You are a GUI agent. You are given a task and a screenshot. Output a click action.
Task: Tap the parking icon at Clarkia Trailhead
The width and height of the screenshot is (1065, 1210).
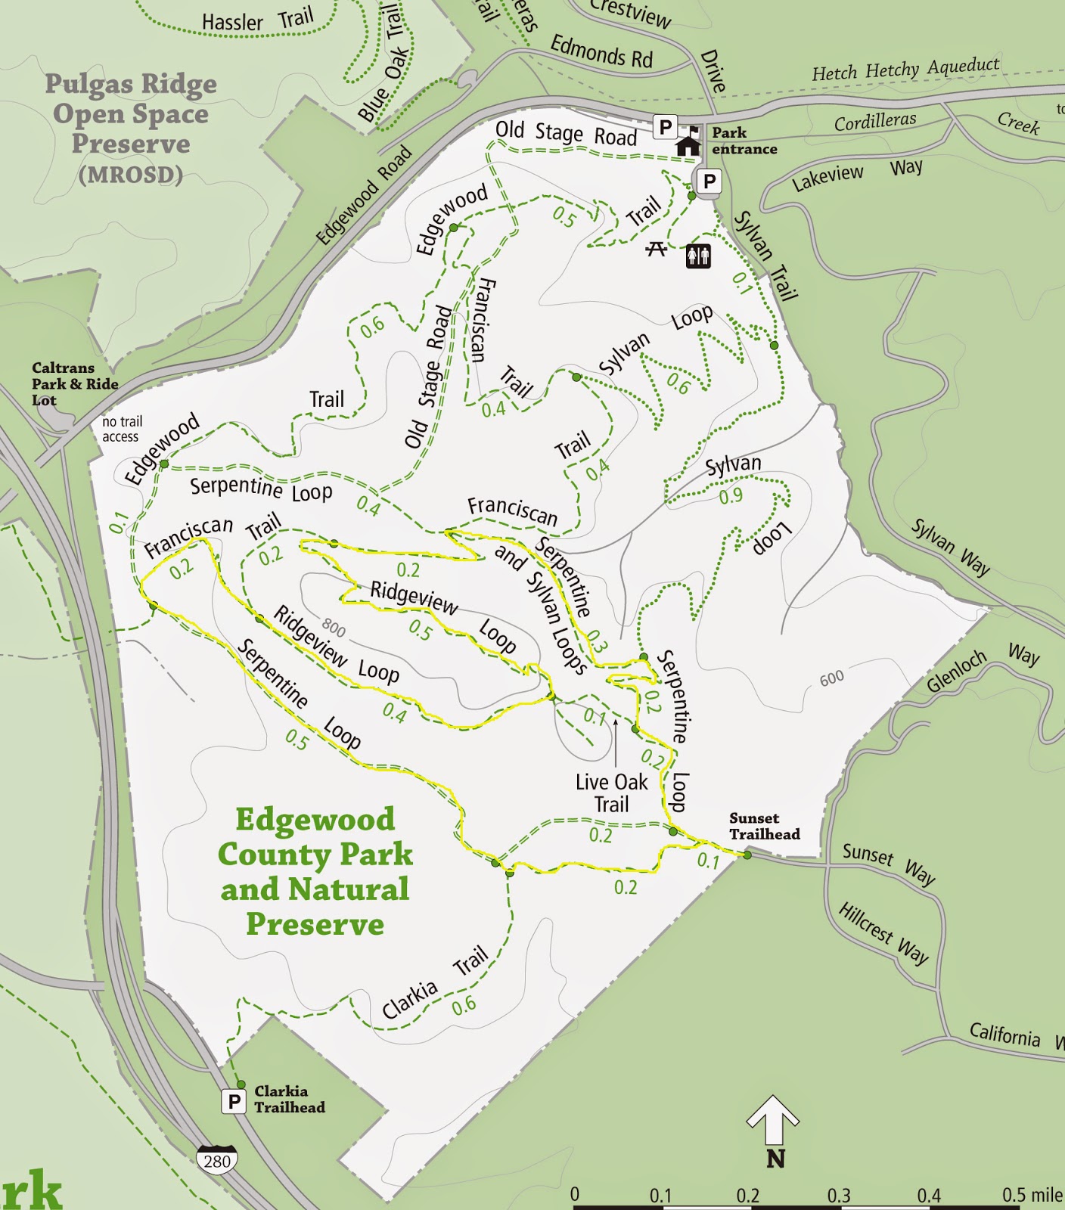click(234, 1101)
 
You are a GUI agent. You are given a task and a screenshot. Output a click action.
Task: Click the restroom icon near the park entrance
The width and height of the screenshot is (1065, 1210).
click(698, 256)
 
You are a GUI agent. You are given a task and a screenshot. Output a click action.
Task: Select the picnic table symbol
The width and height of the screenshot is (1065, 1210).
click(656, 248)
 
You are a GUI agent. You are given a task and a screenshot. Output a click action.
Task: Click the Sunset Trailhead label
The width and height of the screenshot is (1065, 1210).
click(764, 826)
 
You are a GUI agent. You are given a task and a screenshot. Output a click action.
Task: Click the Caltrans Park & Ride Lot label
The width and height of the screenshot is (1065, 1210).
click(74, 383)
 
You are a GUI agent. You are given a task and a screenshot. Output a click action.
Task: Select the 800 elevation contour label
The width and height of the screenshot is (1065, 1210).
click(333, 627)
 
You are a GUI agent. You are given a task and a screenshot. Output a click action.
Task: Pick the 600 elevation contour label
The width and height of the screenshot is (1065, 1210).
click(832, 678)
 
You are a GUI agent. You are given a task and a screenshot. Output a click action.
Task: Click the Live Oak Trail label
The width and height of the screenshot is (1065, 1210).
click(611, 793)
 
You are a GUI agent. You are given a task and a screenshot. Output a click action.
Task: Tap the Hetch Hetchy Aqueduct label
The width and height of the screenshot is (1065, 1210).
click(905, 70)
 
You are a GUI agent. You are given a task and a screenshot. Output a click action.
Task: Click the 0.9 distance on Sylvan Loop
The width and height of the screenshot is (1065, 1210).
click(731, 497)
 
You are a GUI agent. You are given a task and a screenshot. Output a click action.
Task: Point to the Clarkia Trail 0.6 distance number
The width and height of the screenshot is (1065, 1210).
click(464, 1005)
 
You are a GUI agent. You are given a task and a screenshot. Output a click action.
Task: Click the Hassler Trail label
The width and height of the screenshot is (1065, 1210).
click(257, 20)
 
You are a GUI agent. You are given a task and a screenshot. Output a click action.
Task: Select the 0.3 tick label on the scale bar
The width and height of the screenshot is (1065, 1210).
click(838, 1196)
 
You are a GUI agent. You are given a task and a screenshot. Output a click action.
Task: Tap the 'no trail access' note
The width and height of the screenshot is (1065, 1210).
click(122, 429)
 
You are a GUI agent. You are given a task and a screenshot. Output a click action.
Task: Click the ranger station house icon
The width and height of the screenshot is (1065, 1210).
click(688, 144)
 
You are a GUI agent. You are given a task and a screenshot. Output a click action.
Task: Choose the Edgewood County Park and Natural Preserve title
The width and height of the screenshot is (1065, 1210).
click(315, 871)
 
